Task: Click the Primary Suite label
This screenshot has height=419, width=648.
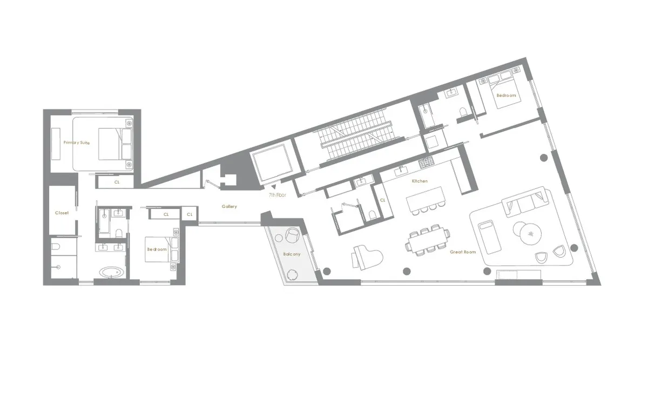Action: click(76, 143)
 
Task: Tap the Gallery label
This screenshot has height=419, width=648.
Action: click(230, 206)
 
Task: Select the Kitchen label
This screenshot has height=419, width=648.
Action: click(420, 181)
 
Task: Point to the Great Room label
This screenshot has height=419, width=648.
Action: click(463, 252)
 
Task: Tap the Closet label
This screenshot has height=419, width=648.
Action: click(62, 213)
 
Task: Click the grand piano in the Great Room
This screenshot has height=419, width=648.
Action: click(367, 255)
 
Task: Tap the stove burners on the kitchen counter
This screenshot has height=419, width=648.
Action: click(426, 161)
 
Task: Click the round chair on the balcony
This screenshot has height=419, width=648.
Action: click(292, 235)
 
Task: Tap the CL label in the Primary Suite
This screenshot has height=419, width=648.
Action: click(117, 183)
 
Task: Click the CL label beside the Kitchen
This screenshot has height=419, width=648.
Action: click(382, 199)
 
